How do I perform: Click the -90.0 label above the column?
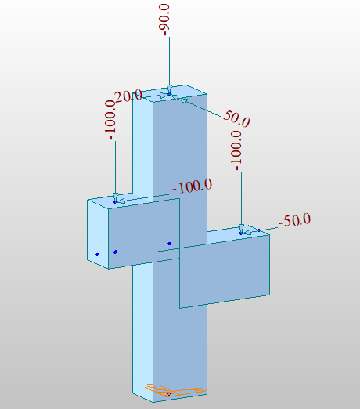coord(166,20)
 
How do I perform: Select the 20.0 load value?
coord(128,96)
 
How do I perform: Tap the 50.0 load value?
coord(236,118)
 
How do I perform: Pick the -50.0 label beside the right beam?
coord(294,220)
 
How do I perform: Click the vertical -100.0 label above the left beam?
coord(110,120)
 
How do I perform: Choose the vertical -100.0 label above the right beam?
coord(236,150)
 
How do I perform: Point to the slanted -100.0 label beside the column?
coord(192,186)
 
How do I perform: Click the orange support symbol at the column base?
coord(176,390)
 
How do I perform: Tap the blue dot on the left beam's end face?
coord(98,255)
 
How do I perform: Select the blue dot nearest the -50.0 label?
coord(259,230)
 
